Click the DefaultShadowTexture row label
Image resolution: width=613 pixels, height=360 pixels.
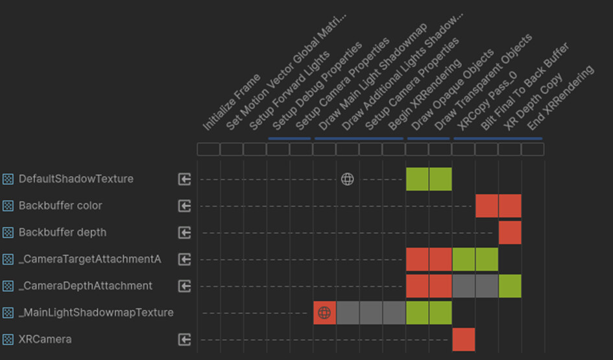(x=76, y=179)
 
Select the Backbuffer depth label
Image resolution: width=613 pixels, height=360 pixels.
(x=62, y=232)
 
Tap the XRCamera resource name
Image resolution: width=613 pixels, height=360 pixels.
(x=45, y=339)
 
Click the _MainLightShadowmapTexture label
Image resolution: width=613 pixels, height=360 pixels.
(x=96, y=313)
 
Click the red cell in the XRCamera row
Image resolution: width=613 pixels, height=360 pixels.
(x=464, y=339)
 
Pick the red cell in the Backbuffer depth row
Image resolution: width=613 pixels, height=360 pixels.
(x=510, y=232)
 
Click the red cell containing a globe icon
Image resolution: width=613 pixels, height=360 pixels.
(x=324, y=313)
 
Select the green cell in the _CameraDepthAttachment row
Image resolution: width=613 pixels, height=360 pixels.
(x=510, y=286)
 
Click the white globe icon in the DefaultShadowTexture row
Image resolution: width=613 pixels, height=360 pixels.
(x=348, y=179)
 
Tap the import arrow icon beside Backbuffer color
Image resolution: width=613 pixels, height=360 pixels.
(x=185, y=206)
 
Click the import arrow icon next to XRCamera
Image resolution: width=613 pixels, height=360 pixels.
(x=185, y=339)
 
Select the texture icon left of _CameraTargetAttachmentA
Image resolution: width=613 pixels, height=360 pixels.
(x=8, y=259)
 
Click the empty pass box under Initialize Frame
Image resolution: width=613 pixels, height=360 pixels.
(x=208, y=149)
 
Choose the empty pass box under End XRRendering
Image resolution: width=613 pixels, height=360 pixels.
(x=533, y=149)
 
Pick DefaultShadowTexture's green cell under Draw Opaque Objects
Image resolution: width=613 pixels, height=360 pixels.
(x=417, y=179)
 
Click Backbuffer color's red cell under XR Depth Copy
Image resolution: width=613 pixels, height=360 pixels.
(x=510, y=206)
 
